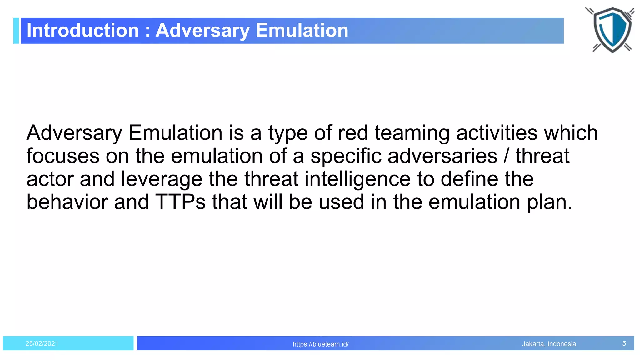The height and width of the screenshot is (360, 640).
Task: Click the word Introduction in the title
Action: pos(82,31)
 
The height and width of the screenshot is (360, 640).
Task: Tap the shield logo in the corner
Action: pos(612,30)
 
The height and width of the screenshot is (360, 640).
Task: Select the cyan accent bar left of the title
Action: pos(16,31)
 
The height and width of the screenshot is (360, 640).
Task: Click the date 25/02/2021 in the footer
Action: pos(42,344)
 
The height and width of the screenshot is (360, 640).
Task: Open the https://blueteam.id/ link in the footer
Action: pos(321,344)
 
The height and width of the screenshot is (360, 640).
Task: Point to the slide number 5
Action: pos(624,344)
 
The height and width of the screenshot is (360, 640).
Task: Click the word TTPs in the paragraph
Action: pos(181,202)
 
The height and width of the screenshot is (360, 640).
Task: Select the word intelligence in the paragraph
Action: pos(357,179)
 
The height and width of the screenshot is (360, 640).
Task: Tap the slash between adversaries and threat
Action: pos(506,156)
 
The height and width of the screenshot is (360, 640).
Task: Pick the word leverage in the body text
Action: pos(162,180)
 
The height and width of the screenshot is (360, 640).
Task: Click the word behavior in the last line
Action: pos(67,202)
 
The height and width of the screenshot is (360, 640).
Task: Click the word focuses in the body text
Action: pos(62,156)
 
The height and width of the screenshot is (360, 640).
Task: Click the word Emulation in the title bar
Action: pos(302,31)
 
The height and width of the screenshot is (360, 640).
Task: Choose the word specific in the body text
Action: pos(346,157)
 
